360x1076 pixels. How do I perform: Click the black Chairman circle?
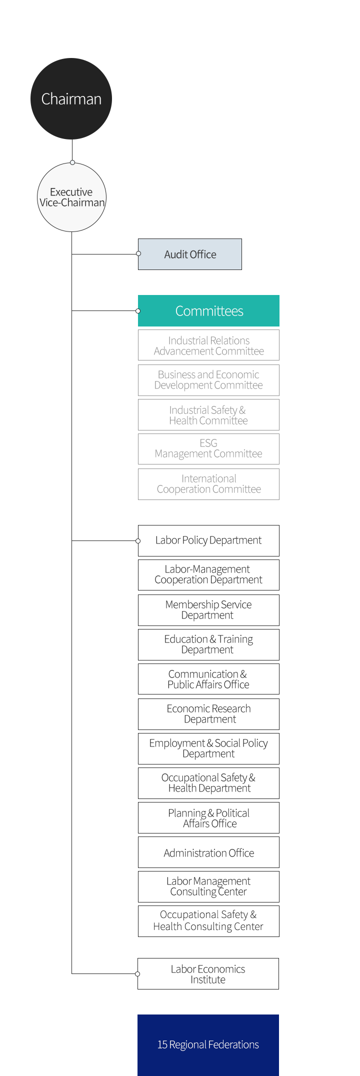(x=71, y=98)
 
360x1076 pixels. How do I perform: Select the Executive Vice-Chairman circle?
(x=71, y=197)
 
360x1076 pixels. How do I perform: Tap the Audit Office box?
(x=190, y=254)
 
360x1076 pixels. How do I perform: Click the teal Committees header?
(x=208, y=310)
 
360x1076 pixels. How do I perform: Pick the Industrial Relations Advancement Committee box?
(x=208, y=345)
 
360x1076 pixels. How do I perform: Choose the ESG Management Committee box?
(x=208, y=449)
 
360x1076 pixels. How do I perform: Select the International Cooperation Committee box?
(x=208, y=484)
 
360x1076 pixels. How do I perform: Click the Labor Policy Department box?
(x=208, y=540)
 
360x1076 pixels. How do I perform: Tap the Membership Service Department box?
(x=208, y=610)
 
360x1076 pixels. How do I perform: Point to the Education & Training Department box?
(x=208, y=644)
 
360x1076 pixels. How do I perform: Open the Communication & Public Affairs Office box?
(x=208, y=679)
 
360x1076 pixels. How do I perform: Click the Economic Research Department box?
(x=208, y=714)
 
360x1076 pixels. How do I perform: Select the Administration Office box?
(x=208, y=852)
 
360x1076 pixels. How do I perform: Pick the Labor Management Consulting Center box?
(x=208, y=886)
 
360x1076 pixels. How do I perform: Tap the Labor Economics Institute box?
(x=208, y=973)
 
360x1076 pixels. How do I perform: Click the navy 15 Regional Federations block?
(x=208, y=1045)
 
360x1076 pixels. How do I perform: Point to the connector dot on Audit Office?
(x=138, y=253)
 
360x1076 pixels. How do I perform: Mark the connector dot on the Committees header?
(x=138, y=310)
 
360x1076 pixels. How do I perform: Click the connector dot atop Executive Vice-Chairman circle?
(x=72, y=162)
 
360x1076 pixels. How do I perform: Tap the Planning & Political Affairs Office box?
(x=208, y=817)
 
